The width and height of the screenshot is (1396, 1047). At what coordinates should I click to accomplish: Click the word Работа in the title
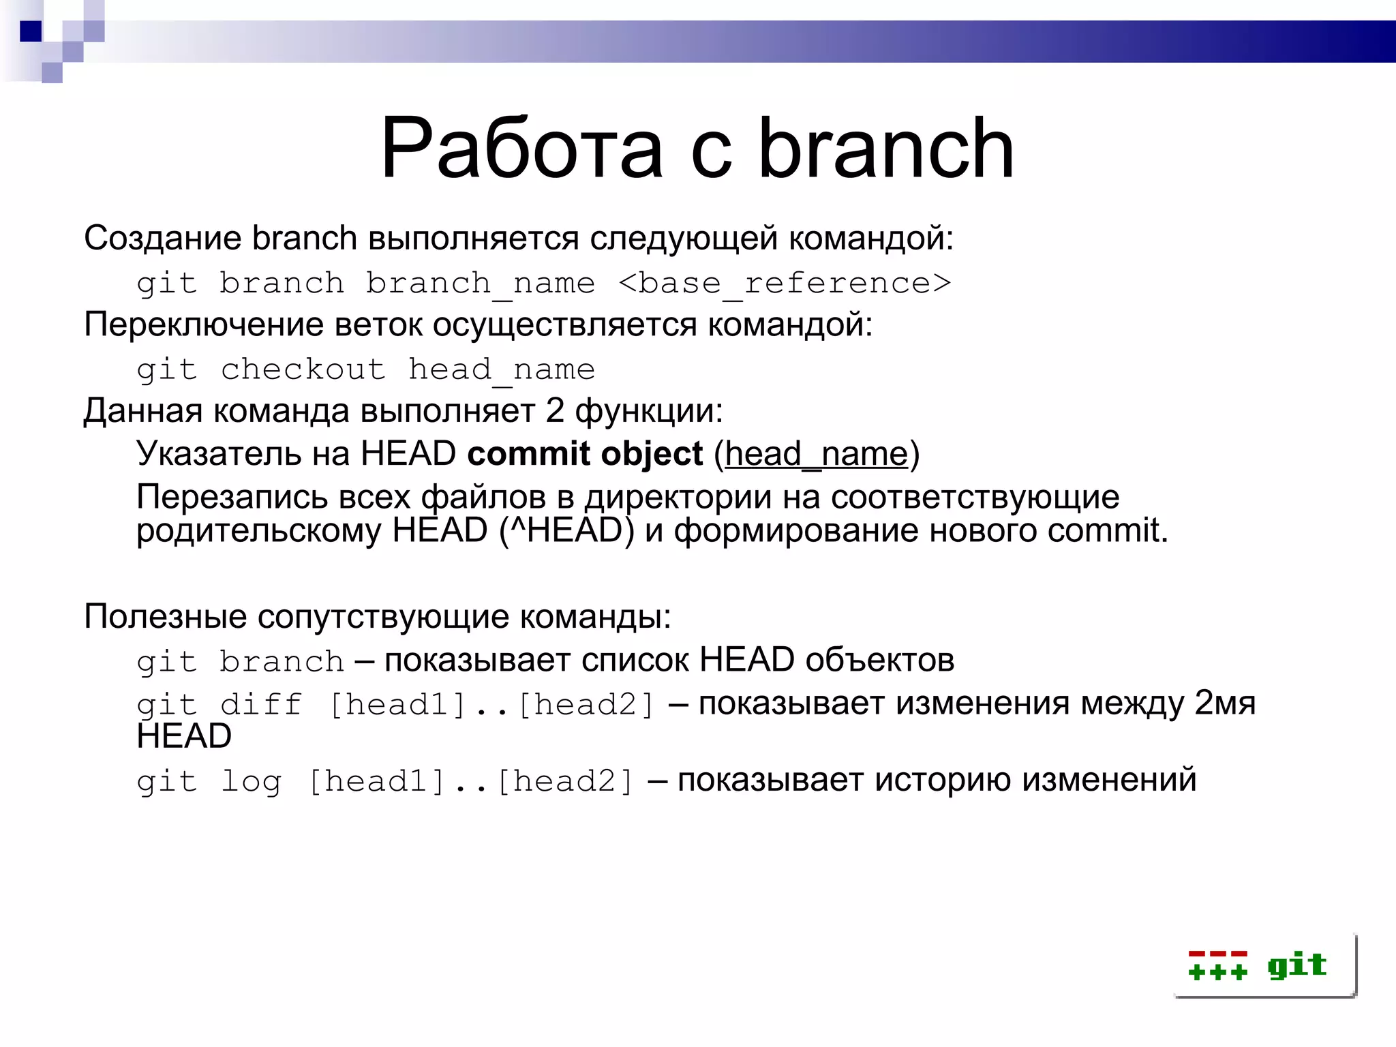click(x=521, y=149)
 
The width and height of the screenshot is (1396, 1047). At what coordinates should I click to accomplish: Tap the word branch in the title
click(x=885, y=149)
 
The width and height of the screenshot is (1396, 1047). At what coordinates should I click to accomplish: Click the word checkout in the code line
click(x=303, y=369)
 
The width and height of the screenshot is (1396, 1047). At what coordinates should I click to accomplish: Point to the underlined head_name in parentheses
click(x=816, y=454)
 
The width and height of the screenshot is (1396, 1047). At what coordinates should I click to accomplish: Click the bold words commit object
click(x=585, y=454)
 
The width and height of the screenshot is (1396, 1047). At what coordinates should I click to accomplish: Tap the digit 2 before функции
click(x=554, y=411)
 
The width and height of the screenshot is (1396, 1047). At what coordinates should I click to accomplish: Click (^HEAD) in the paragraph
click(x=566, y=530)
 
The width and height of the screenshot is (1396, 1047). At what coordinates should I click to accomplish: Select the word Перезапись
click(x=232, y=497)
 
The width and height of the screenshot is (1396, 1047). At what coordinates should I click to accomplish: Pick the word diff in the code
click(x=260, y=704)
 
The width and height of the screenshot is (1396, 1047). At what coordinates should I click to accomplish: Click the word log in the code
click(x=250, y=781)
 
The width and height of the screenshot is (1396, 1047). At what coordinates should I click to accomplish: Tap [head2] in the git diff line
click(x=586, y=704)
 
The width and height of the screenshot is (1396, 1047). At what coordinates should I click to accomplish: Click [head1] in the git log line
click(x=376, y=781)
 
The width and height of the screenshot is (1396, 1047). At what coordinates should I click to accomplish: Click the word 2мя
click(x=1224, y=703)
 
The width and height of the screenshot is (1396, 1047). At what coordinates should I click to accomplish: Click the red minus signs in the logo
click(x=1217, y=954)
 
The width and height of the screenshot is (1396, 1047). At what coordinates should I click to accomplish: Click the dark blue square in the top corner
click(x=31, y=31)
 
